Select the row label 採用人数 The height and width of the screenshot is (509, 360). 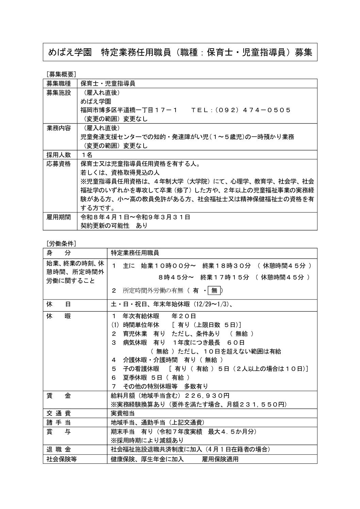[x=59, y=155]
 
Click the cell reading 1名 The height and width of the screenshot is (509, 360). [x=85, y=155]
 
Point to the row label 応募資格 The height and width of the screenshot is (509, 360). [x=59, y=164]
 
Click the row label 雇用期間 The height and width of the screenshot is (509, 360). [x=59, y=217]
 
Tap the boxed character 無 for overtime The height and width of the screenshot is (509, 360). [x=214, y=290]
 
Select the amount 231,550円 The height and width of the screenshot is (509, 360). [x=263, y=405]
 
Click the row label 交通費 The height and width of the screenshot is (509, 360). [x=59, y=413]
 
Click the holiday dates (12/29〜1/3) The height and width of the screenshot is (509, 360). [x=212, y=304]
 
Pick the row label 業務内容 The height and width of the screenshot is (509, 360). [x=59, y=128]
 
